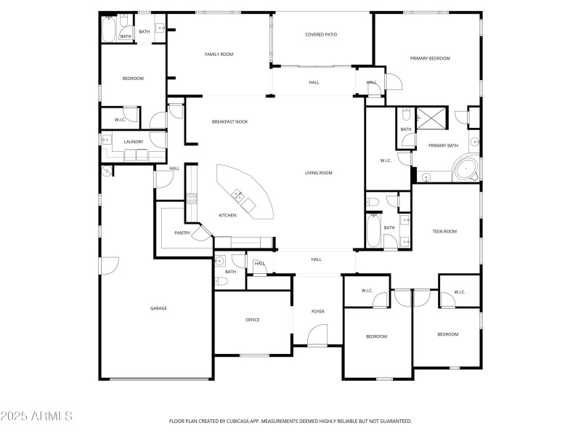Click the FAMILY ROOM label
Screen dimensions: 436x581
[x=219, y=54]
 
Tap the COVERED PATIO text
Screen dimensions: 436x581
[x=320, y=34]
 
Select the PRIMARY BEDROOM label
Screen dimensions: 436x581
[x=430, y=58]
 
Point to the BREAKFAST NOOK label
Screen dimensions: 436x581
[x=229, y=121]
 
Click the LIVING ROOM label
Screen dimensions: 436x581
[x=318, y=172]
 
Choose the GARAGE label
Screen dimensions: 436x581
[x=158, y=308]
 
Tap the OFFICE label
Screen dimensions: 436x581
[x=253, y=320]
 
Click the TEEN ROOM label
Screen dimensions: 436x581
[x=444, y=231]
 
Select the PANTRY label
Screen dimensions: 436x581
[x=182, y=233]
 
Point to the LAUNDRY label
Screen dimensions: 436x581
[x=134, y=142]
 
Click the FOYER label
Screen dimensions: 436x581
[x=318, y=312]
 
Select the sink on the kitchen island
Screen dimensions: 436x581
[x=237, y=194]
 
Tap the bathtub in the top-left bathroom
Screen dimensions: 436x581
[x=107, y=29]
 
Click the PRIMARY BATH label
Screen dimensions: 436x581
[x=443, y=145]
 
